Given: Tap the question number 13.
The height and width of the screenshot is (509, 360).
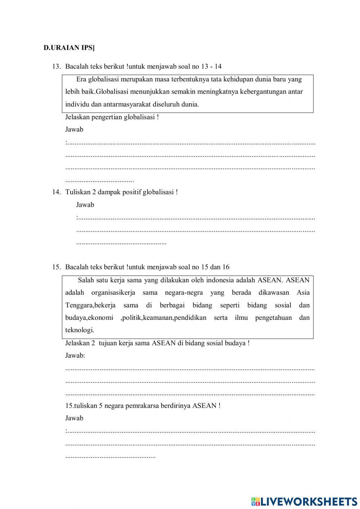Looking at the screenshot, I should pos(56,67).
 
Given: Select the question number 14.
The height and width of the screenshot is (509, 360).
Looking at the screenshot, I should pos(56,192).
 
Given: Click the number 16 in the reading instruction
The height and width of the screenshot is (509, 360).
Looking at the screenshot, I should pos(226,267).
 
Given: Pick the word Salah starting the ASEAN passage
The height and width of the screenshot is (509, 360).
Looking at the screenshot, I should pos(86,280).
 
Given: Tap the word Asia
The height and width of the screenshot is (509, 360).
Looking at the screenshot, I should pos(303,293).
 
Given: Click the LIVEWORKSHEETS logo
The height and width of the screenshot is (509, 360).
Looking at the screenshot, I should pos(304,501).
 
